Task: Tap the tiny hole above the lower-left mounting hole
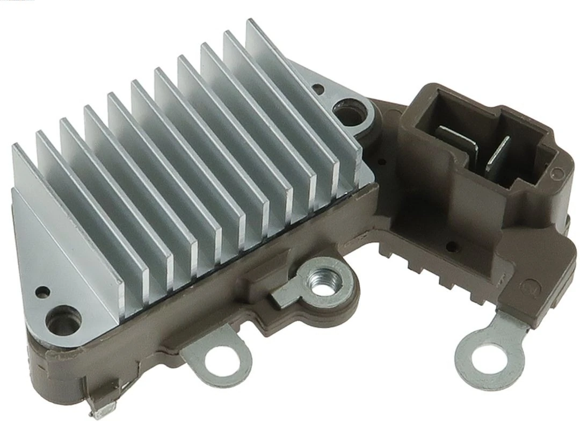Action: [41, 293]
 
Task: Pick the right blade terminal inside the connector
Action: [497, 153]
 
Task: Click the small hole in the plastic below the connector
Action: [450, 247]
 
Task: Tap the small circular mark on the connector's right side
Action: [558, 173]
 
